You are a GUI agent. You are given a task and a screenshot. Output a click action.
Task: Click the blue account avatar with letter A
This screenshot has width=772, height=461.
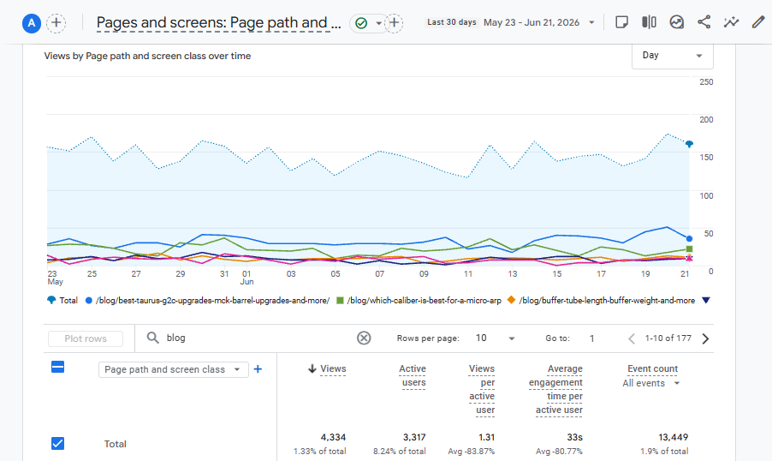[32, 22]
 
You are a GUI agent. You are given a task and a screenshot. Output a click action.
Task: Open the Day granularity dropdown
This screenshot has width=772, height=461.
[672, 55]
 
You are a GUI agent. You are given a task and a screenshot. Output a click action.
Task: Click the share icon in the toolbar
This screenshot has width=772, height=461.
[704, 22]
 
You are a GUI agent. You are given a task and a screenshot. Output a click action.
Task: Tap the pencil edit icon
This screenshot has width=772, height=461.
[758, 22]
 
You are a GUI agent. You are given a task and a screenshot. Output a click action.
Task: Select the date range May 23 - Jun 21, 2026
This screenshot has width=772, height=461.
[531, 22]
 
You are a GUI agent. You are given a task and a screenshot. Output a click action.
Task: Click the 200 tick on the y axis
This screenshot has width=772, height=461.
[706, 120]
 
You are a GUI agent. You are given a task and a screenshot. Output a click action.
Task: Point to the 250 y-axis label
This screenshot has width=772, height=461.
[706, 82]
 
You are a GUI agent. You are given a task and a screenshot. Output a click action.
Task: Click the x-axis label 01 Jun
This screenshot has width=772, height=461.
[246, 278]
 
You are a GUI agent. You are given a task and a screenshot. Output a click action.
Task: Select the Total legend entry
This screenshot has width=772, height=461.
[62, 300]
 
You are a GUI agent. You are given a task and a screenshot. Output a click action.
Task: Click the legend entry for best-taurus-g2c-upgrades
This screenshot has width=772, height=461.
[207, 300]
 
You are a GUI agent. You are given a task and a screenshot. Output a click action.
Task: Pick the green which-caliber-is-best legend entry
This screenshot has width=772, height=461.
[419, 300]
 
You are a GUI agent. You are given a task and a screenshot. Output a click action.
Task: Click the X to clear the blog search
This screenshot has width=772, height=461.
[364, 338]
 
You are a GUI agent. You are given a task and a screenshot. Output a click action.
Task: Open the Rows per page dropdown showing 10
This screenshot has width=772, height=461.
[495, 338]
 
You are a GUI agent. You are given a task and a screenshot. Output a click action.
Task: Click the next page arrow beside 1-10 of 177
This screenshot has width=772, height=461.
[705, 338]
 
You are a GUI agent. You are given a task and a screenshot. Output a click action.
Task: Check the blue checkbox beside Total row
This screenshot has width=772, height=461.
[57, 443]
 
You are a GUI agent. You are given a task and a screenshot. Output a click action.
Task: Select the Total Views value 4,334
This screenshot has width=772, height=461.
[333, 437]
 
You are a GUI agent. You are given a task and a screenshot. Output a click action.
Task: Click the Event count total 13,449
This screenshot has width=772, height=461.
[673, 437]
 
